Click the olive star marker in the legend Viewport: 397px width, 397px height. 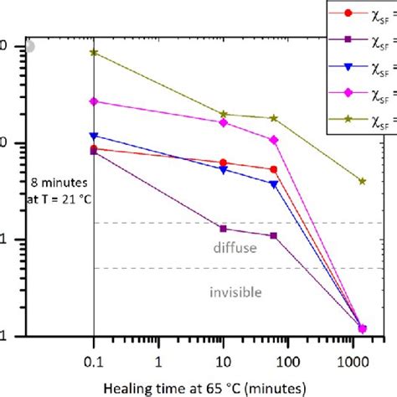(x=348, y=119)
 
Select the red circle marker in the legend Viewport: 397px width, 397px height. (x=348, y=13)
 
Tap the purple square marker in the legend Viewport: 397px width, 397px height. (x=348, y=39)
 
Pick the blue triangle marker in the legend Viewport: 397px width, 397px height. (x=348, y=65)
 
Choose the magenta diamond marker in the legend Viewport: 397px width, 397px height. (x=348, y=92)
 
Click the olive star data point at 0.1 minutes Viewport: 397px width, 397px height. (x=94, y=52)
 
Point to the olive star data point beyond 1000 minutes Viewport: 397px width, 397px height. (x=362, y=181)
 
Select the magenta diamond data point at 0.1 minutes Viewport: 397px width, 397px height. (x=94, y=101)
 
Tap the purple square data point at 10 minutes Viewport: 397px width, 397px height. (x=223, y=228)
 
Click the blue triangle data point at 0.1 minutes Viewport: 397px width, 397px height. (x=94, y=136)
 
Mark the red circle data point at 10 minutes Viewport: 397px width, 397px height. (x=223, y=162)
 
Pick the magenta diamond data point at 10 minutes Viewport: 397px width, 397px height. (x=223, y=122)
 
